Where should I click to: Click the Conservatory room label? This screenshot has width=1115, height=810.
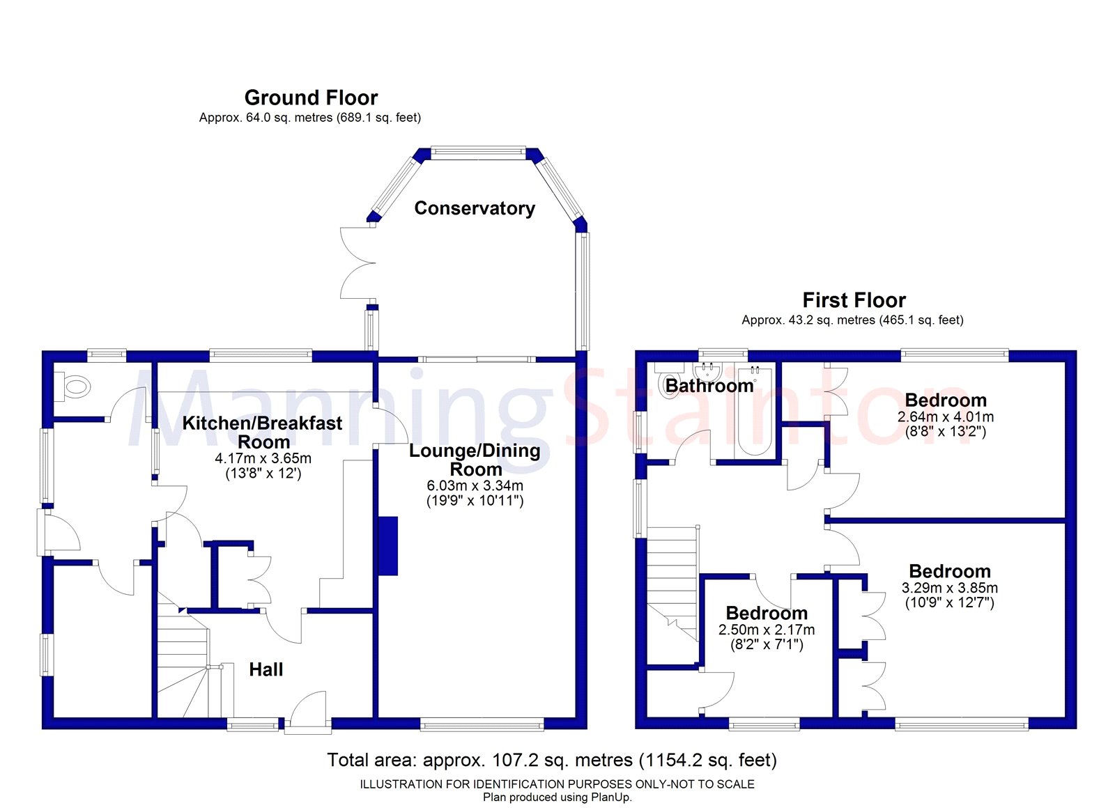475,208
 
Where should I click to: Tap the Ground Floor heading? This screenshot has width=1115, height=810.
311,98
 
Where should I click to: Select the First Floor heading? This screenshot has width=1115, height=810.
854,300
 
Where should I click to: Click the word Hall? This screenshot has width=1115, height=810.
266,670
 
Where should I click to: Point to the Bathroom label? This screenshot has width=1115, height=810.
709,386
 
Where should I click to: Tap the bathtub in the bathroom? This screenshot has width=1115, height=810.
755,411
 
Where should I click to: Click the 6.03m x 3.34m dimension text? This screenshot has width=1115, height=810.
475,485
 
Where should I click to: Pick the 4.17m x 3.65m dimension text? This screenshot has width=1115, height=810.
263,458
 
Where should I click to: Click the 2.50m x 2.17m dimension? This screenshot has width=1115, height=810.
767,630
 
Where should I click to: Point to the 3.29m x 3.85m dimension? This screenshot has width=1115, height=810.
949,588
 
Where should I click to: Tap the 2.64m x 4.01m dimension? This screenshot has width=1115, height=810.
946,416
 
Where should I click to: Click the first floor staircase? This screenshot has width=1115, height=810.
672,582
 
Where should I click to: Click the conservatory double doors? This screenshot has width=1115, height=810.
357,264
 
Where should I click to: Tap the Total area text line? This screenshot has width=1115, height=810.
551,760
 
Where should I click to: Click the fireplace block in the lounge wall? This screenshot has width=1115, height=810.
387,545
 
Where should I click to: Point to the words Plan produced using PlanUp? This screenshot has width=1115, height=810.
557,797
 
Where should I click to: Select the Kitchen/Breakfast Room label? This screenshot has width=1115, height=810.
263,433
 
